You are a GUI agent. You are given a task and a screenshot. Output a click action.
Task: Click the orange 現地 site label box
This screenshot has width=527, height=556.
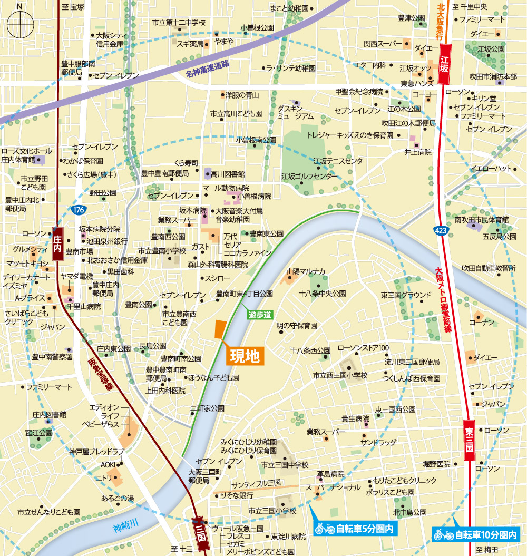pyautogui.click(x=245, y=357)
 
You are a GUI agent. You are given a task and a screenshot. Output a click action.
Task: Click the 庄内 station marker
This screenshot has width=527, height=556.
pyautogui.click(x=58, y=243)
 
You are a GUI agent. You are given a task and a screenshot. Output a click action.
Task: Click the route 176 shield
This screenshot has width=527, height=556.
pyautogui.click(x=78, y=210)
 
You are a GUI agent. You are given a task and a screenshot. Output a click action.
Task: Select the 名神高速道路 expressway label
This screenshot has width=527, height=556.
pyautogui.click(x=208, y=69)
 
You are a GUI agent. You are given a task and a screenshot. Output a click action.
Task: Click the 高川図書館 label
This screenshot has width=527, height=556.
pyautogui.click(x=228, y=173)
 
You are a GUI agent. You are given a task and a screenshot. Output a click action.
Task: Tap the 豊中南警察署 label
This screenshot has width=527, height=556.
pyautogui.click(x=52, y=357)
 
